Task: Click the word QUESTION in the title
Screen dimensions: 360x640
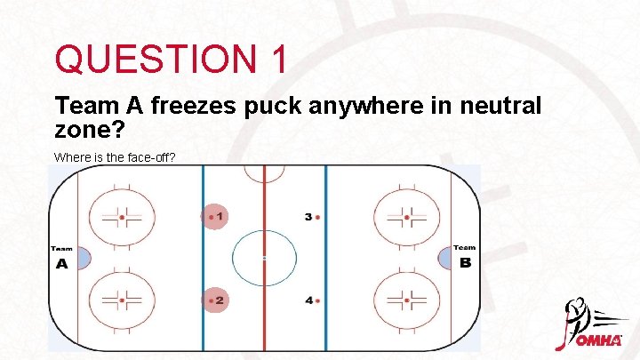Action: pyautogui.click(x=151, y=60)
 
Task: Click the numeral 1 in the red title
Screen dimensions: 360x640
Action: pyautogui.click(x=275, y=60)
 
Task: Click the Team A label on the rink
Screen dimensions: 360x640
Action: pyautogui.click(x=61, y=258)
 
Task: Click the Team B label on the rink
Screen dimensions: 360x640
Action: pyautogui.click(x=464, y=258)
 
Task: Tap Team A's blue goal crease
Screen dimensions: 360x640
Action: pyautogui.click(x=84, y=258)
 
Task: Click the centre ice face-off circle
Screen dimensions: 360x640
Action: pyautogui.click(x=264, y=258)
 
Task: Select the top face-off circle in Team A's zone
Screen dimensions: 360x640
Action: pyautogui.click(x=122, y=216)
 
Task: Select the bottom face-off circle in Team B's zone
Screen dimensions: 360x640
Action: pyautogui.click(x=406, y=300)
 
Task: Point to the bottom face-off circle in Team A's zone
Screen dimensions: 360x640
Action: pyautogui.click(x=122, y=300)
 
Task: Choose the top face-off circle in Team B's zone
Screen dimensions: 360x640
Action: pyautogui.click(x=406, y=216)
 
